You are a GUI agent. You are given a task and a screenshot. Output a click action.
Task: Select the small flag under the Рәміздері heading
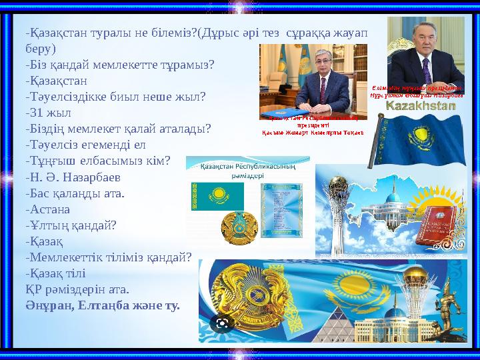pyautogui.click(x=217, y=197)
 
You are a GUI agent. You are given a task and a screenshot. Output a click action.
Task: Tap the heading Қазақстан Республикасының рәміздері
pyautogui.click(x=247, y=171)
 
